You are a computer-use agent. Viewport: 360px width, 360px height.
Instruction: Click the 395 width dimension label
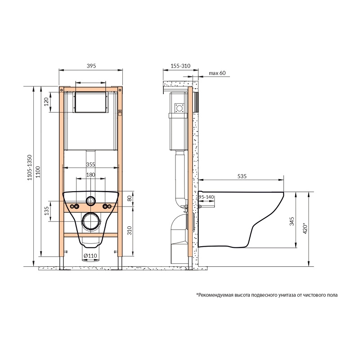point(91,66)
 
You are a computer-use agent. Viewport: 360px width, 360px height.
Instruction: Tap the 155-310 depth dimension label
point(180,66)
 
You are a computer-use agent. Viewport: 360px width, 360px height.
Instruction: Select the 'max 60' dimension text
point(217,73)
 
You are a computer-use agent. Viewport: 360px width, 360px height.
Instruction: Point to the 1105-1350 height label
point(30,167)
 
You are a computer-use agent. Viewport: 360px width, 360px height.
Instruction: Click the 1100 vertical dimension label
point(38,172)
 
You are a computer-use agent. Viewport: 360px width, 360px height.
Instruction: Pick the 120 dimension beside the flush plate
point(46,102)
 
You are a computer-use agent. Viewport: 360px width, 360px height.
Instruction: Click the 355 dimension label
point(91,164)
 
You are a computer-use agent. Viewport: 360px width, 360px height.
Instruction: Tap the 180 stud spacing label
point(91,175)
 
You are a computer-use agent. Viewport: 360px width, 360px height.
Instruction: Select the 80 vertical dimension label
point(130,198)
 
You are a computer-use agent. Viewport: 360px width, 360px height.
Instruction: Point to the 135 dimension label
point(47,211)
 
